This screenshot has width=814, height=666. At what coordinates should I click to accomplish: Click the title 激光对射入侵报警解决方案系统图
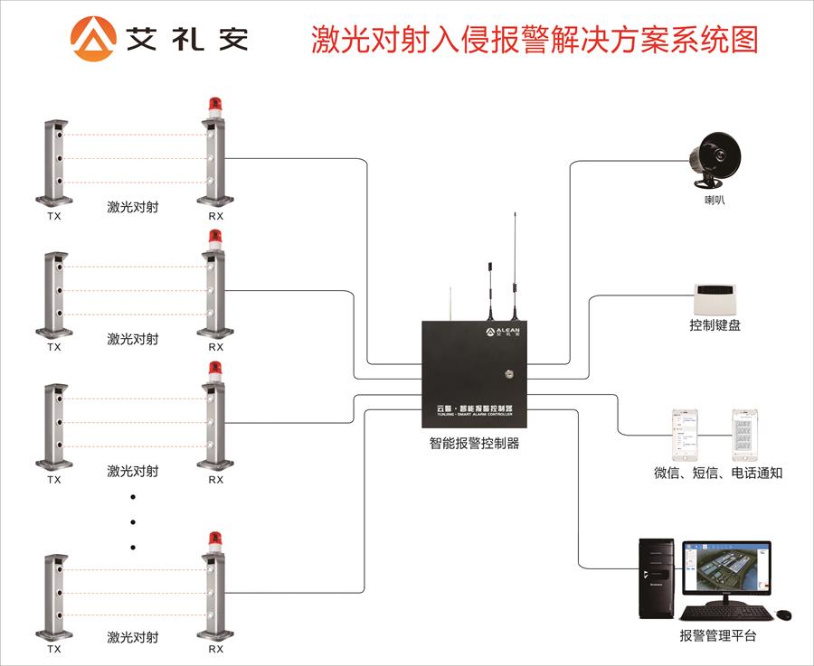coord(535,40)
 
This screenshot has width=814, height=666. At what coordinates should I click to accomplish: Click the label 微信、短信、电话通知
coord(718,473)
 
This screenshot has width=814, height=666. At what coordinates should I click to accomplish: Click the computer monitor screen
coord(725,572)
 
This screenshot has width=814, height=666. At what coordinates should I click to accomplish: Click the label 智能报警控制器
coord(474,444)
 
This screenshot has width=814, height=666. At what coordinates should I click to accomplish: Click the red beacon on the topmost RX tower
coord(214,106)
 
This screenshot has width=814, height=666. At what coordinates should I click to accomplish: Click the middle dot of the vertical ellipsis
coord(133,521)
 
